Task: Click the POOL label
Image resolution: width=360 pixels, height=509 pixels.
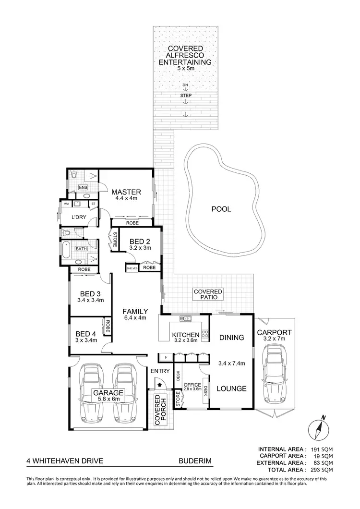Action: (x=221, y=209)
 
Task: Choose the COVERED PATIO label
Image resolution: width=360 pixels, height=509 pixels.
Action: (x=208, y=294)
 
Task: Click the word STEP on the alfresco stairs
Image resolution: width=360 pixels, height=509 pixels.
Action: (x=185, y=96)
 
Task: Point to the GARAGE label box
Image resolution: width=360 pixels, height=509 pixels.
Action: (x=108, y=395)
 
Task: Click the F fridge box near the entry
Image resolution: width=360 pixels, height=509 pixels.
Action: (x=166, y=357)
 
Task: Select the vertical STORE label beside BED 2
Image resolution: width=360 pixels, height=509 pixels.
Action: (x=115, y=240)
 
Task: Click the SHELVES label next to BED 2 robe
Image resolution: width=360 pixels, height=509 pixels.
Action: (x=132, y=268)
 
